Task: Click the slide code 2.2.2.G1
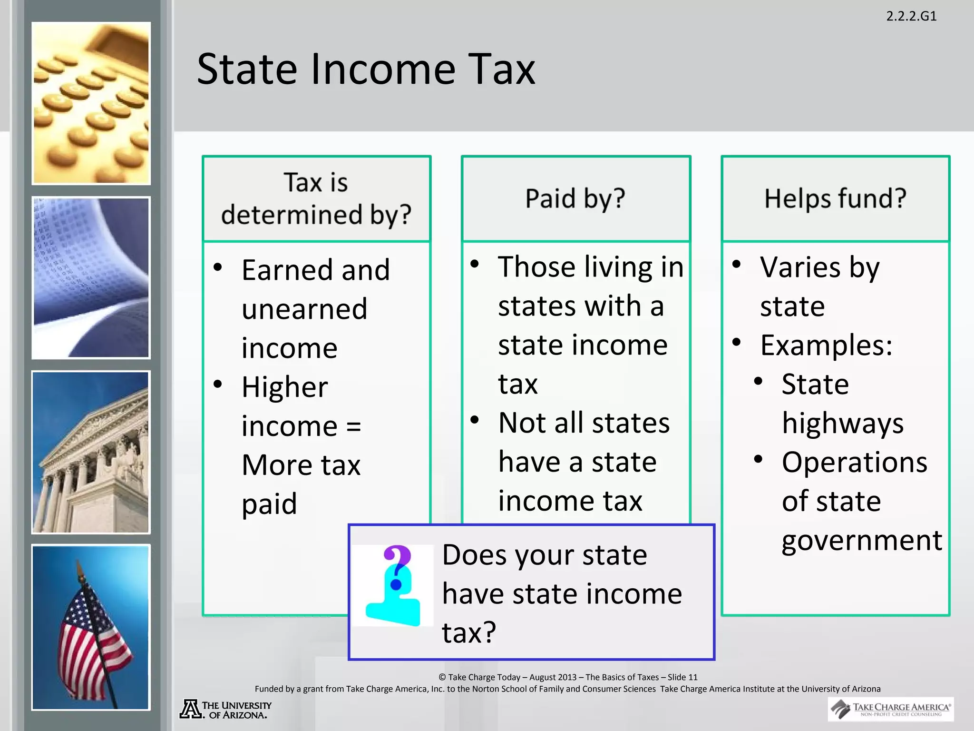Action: [x=911, y=16]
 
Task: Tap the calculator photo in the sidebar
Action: [x=91, y=103]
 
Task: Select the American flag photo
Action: [x=91, y=627]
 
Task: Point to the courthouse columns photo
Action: [x=91, y=452]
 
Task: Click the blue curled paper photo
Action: [x=91, y=277]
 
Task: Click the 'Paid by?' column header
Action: [x=575, y=198]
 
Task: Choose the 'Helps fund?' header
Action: [x=835, y=198]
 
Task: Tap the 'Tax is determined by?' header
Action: [x=316, y=198]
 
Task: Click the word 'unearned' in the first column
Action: [x=304, y=309]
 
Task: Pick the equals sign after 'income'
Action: [x=353, y=426]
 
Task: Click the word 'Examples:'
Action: [x=826, y=345]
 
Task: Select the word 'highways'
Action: [x=843, y=423]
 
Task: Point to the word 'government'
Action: [x=862, y=540]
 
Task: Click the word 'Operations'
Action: [x=855, y=462]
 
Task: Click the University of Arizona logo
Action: [x=225, y=709]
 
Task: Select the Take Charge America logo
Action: [x=890, y=709]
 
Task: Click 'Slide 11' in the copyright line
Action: [x=682, y=677]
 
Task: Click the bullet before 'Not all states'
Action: [x=475, y=420]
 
